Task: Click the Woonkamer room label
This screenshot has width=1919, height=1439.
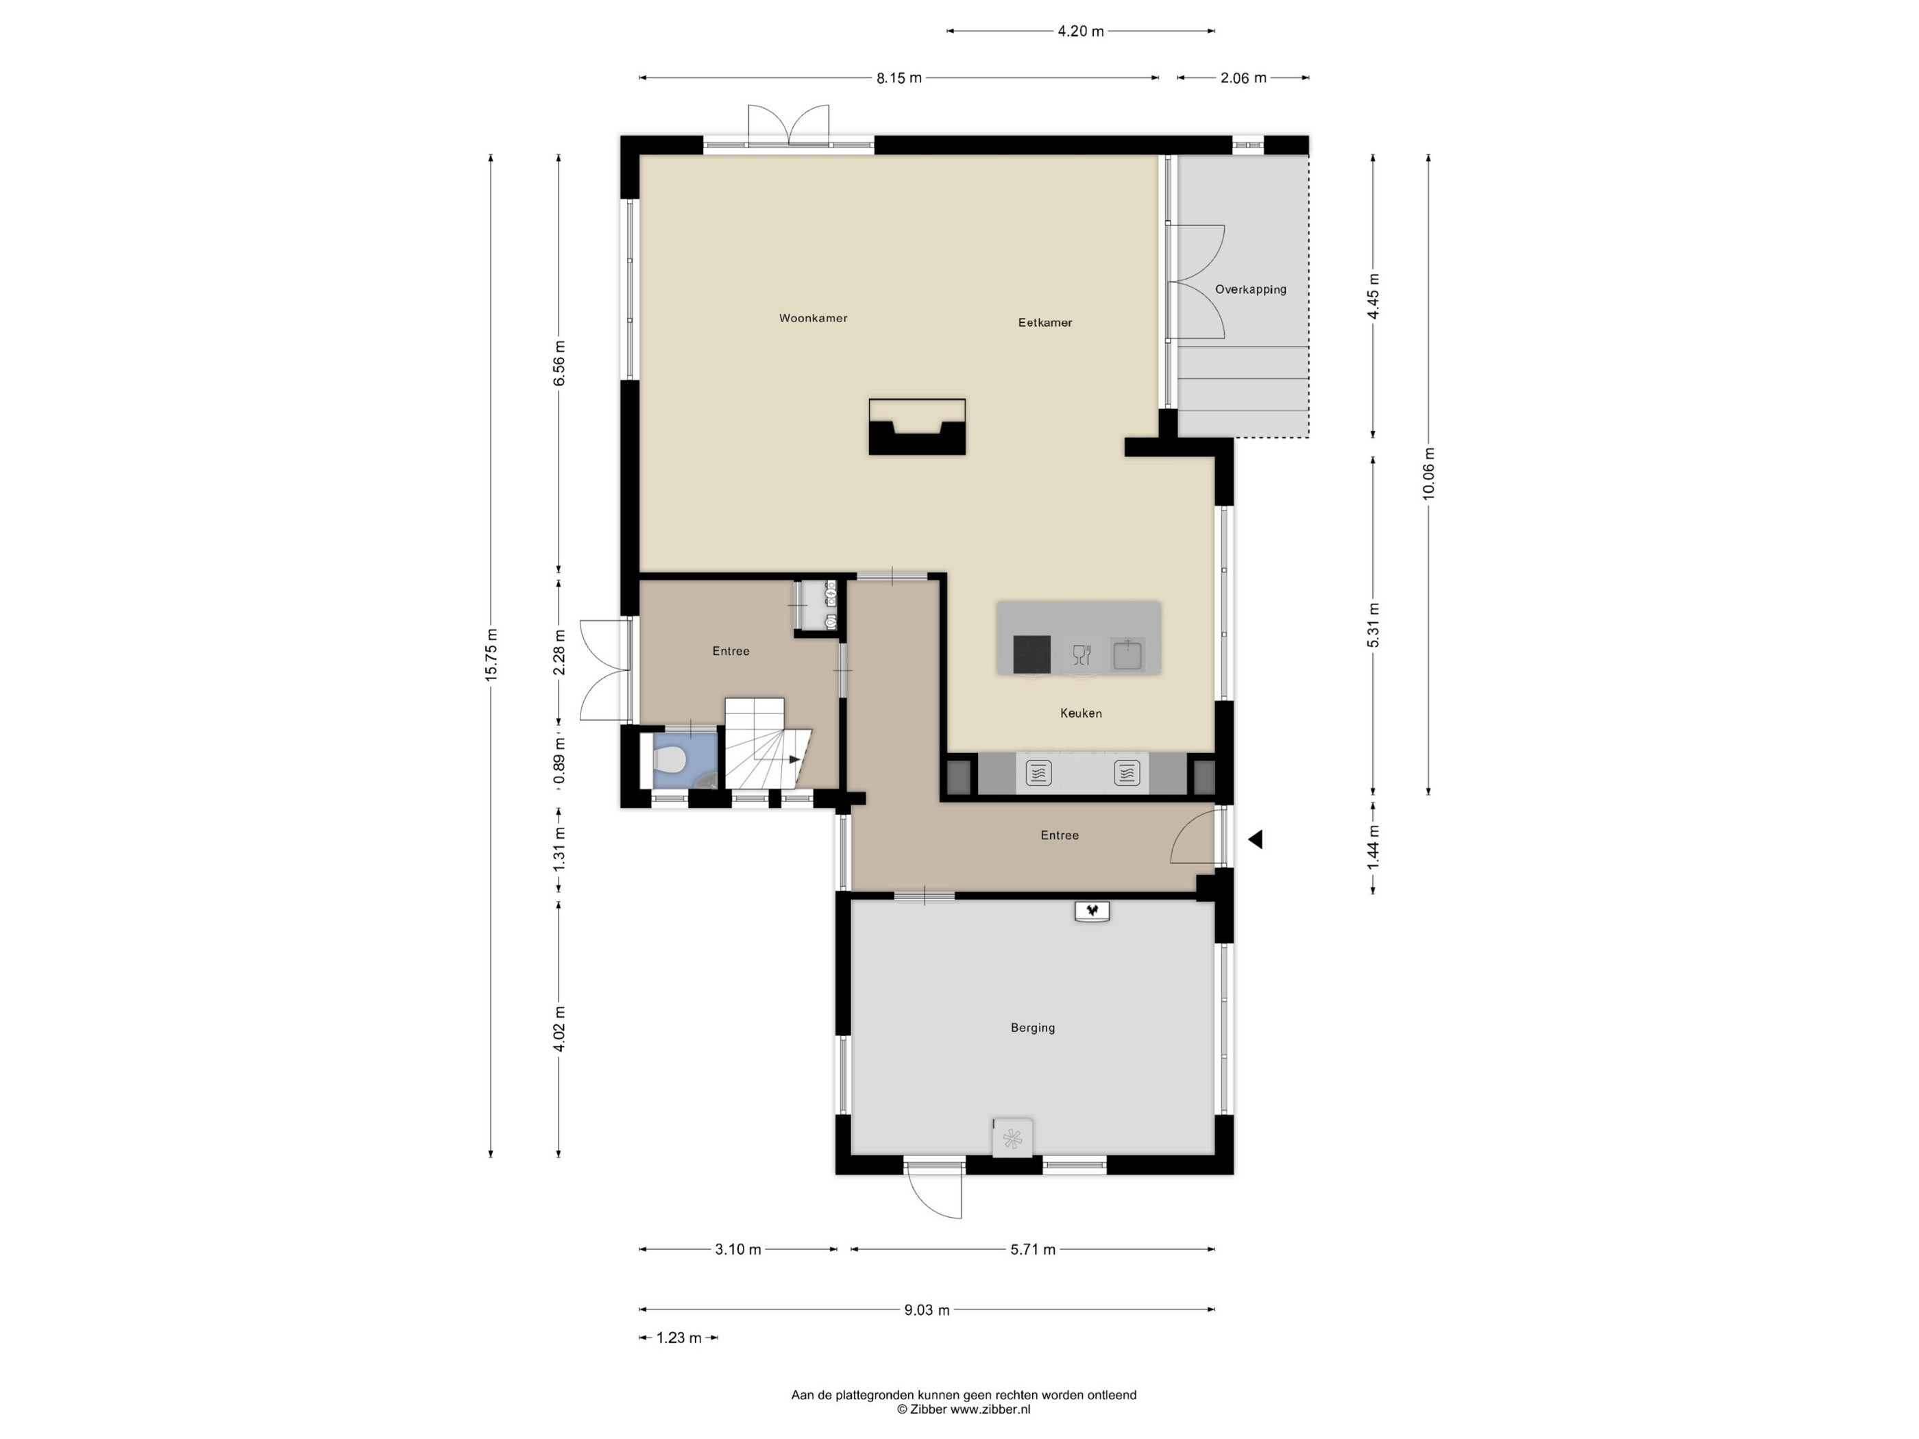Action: coord(813,319)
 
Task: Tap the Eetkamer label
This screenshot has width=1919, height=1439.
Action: coord(1044,323)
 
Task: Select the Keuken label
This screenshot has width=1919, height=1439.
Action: coord(1081,713)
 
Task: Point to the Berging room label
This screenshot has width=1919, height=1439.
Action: coord(1032,1028)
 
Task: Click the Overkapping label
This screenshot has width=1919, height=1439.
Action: coord(1250,290)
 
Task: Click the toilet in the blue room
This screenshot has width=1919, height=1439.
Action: coord(668,761)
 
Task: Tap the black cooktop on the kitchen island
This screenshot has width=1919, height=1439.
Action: coord(1031,654)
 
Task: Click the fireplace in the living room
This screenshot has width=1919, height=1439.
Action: coord(917,427)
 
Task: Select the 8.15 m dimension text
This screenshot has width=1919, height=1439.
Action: coord(899,78)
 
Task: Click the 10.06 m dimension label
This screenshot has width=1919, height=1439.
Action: coord(1429,473)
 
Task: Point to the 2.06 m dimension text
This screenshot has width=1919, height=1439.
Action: coord(1243,78)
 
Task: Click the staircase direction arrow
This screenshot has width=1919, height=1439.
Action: coord(794,760)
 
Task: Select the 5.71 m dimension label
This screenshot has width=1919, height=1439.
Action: coord(1032,1250)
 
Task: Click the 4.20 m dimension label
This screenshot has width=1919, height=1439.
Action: coord(1081,32)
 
